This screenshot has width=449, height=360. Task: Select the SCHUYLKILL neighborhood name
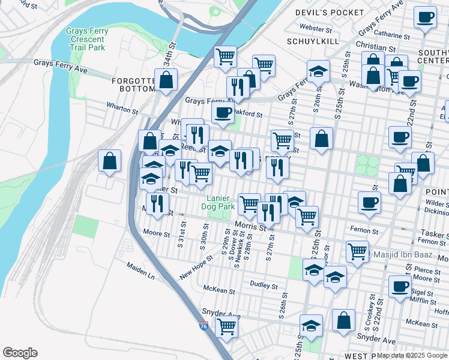click(x=313, y=41)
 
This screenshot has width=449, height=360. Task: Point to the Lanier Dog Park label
click(x=220, y=202)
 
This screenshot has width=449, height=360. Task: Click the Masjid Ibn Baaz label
click(x=402, y=254)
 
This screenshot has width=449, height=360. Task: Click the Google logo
click(x=20, y=352)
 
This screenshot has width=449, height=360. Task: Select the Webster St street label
click(x=316, y=28)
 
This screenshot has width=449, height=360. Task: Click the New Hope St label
click(x=196, y=269)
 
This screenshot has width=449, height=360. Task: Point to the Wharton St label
click(x=122, y=111)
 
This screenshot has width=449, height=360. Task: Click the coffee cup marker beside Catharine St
click(x=426, y=17)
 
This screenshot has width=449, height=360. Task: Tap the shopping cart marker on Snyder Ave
click(x=226, y=327)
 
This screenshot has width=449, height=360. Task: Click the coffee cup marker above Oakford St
click(x=223, y=112)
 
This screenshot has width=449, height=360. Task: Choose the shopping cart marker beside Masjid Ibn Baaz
click(x=358, y=251)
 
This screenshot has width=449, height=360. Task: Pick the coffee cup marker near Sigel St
click(x=399, y=286)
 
